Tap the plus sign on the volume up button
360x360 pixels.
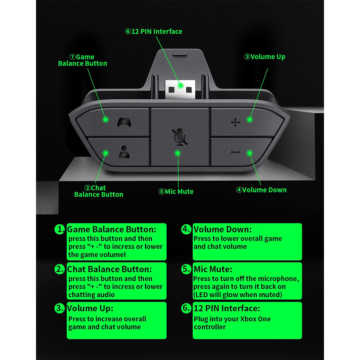pos(235,123)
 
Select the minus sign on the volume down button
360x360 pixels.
pos(235,152)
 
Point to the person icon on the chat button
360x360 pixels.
pos(123,152)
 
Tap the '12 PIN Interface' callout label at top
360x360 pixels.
pos(153,31)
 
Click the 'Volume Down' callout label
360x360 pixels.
pos(261,190)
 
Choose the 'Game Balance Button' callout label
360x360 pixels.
pos(82,60)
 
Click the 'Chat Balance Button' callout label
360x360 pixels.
pos(98,191)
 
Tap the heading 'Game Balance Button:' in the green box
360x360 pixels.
pos(112,229)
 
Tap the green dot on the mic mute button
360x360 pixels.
pos(177,153)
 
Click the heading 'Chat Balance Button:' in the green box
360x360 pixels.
pos(109,269)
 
